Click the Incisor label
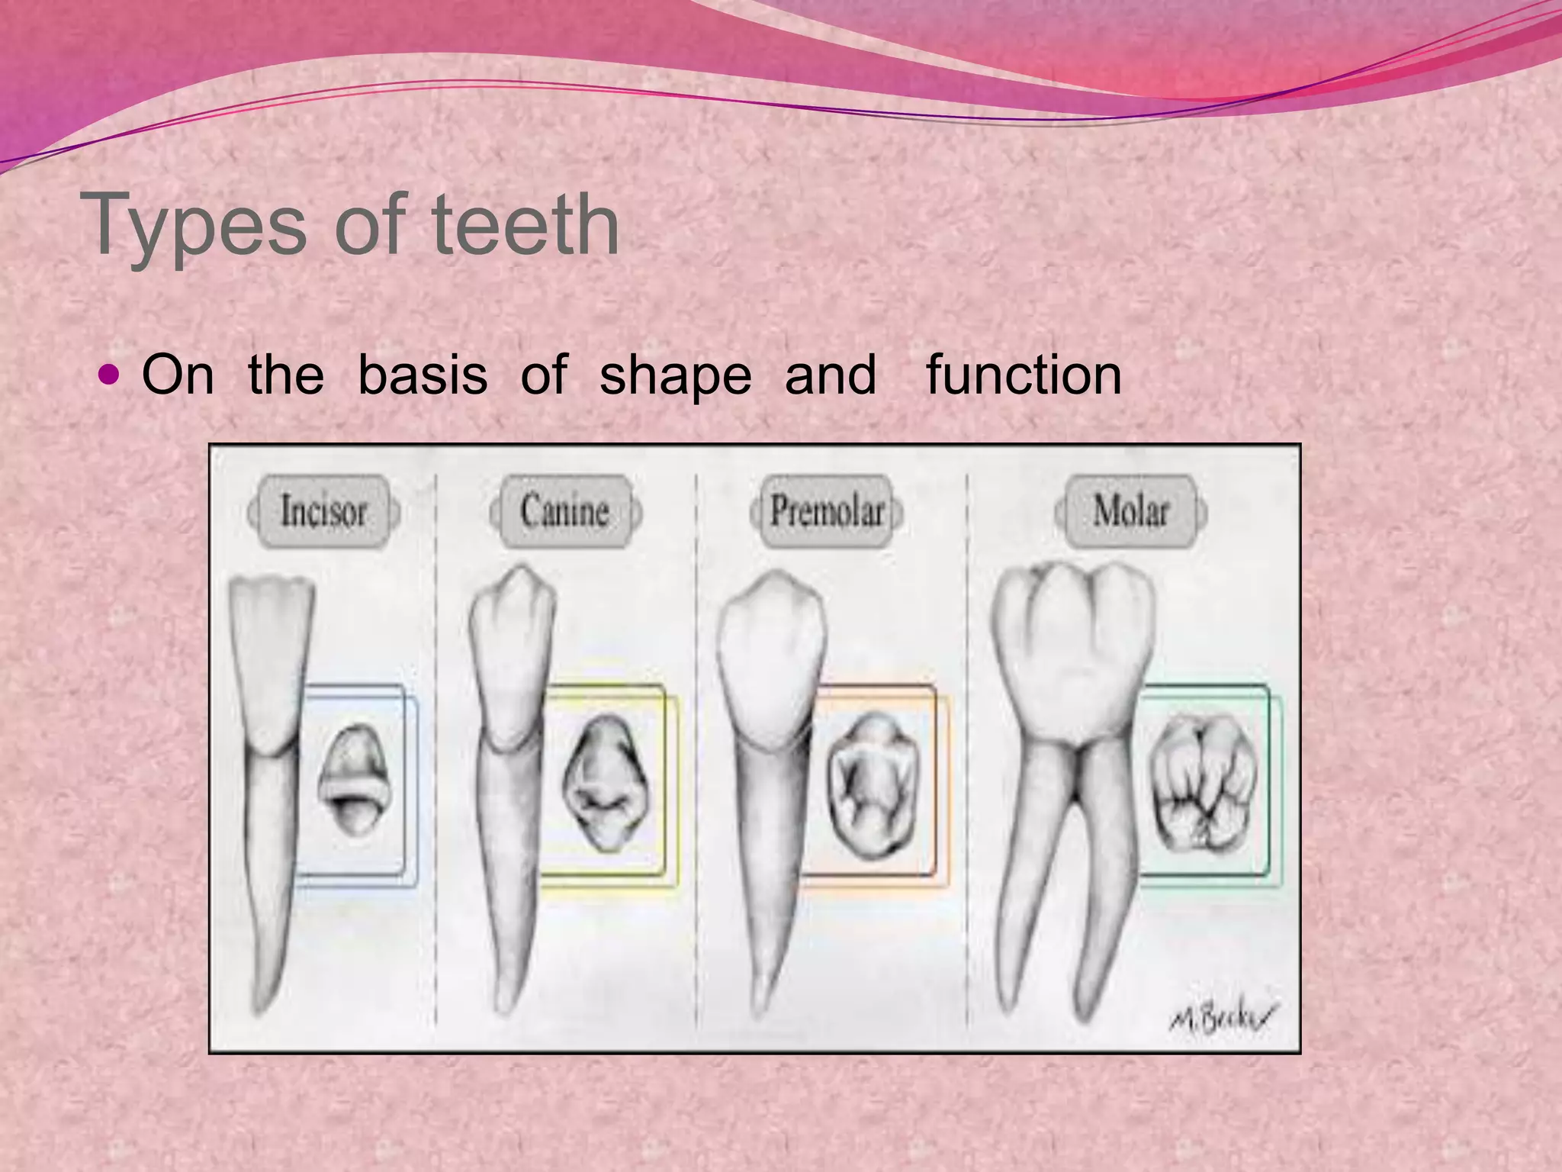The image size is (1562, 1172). click(323, 510)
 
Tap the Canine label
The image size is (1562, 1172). click(565, 510)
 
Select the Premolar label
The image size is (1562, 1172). click(827, 510)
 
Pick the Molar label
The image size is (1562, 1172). click(1130, 510)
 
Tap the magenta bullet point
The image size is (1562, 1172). click(110, 375)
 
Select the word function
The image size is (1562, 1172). click(1024, 375)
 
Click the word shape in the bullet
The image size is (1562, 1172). click(675, 376)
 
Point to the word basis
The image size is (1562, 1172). click(422, 375)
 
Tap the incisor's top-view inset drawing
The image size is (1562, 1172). click(353, 779)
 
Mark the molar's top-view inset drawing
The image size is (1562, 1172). click(1203, 784)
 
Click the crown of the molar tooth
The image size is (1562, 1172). click(1074, 649)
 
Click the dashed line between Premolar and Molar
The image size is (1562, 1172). click(967, 763)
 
